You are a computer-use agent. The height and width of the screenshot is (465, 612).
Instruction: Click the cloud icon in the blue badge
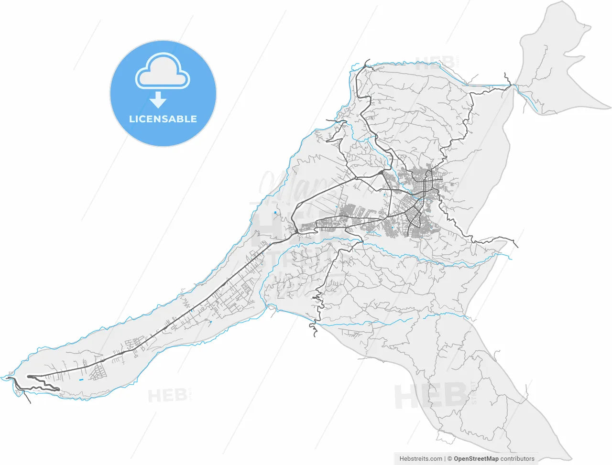[x=163, y=72]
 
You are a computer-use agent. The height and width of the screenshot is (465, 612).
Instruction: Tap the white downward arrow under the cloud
[x=158, y=100]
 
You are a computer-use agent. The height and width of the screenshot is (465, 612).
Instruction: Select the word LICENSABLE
[x=163, y=119]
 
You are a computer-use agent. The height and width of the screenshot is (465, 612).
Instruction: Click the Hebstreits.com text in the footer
[x=421, y=459]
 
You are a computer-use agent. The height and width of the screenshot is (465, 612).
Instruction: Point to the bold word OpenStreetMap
[x=476, y=459]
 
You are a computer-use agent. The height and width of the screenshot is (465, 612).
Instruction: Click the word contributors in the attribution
[x=517, y=459]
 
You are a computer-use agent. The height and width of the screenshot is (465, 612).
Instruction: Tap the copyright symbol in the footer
[x=449, y=459]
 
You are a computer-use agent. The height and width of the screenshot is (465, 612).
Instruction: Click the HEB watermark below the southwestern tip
[x=167, y=395]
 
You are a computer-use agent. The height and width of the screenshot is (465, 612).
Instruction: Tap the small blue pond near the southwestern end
[x=81, y=379]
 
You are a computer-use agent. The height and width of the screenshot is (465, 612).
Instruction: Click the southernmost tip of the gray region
[x=569, y=456]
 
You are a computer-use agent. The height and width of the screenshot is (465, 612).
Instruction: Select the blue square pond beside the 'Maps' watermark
[x=275, y=212]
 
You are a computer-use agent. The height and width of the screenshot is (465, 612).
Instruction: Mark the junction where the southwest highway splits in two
[x=297, y=232]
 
